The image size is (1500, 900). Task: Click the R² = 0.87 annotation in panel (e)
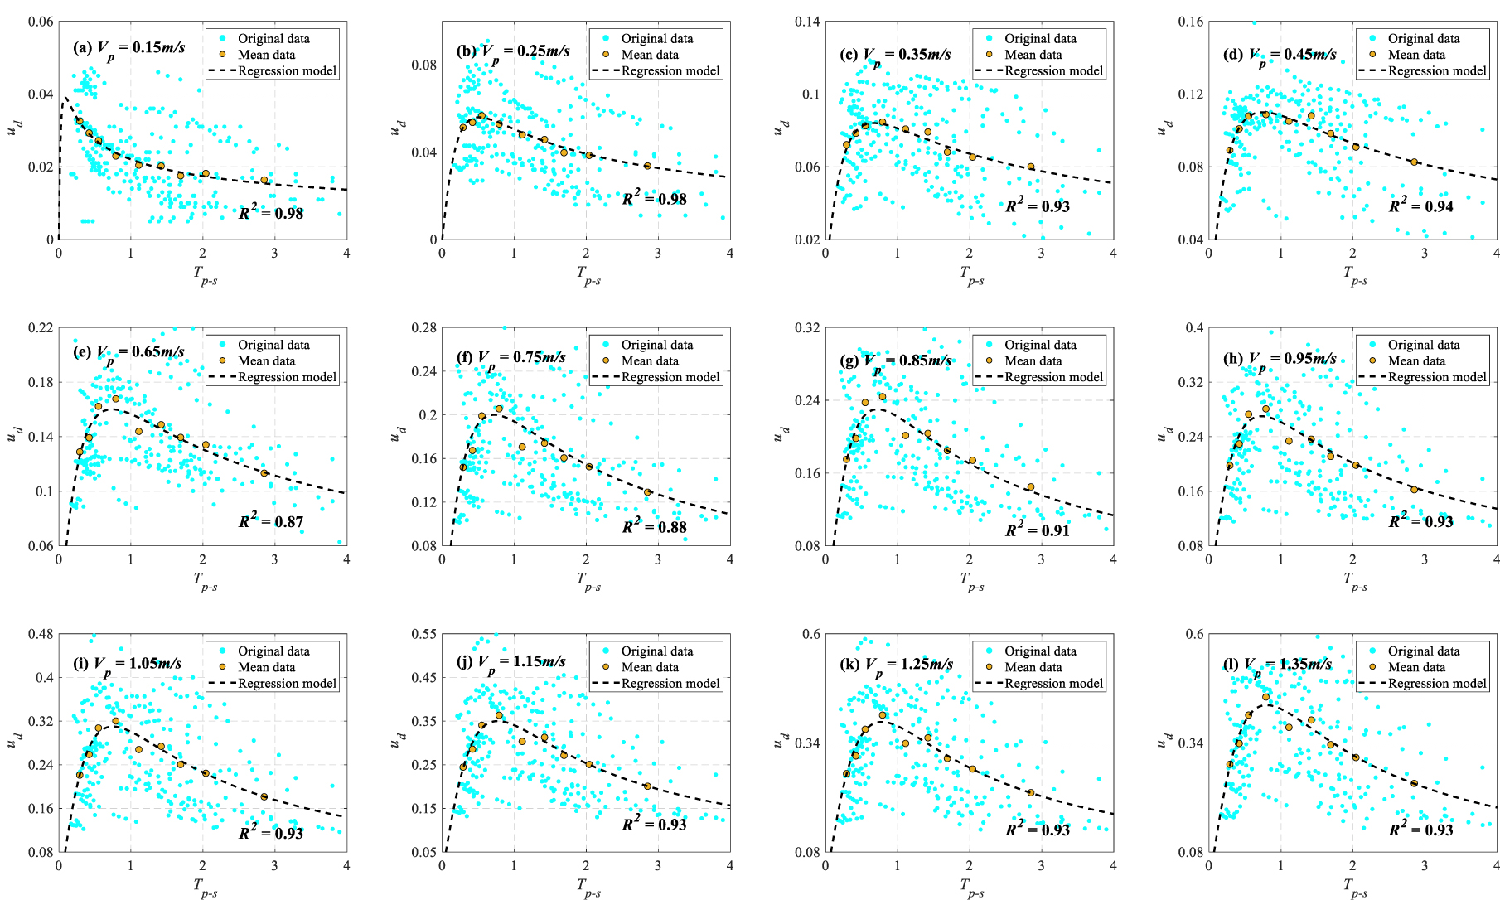click(271, 521)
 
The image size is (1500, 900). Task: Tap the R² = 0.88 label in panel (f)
click(655, 526)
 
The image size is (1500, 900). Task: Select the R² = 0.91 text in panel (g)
click(1038, 530)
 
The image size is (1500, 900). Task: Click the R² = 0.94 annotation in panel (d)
click(1421, 206)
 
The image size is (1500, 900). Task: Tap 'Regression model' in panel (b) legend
click(670, 70)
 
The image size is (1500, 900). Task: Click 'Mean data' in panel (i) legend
click(266, 667)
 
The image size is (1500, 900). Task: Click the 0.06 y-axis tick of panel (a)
click(41, 22)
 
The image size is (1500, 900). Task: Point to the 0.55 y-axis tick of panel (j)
click(424, 634)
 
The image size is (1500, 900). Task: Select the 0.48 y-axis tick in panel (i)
click(41, 634)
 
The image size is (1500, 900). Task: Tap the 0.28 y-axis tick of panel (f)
click(424, 328)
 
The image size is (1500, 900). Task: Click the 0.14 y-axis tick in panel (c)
click(808, 22)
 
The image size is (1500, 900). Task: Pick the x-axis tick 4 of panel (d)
click(1497, 253)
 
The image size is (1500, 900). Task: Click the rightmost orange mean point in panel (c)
click(1031, 167)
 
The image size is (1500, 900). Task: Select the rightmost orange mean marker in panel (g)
click(1031, 487)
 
